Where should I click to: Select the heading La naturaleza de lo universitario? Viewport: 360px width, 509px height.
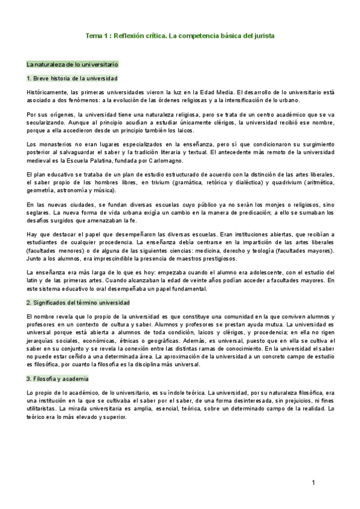pyautogui.click(x=73, y=64)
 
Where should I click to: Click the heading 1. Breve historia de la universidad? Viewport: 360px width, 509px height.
pyautogui.click(x=72, y=79)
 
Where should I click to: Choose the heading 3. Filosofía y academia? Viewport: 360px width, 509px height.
pyautogui.click(x=57, y=379)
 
